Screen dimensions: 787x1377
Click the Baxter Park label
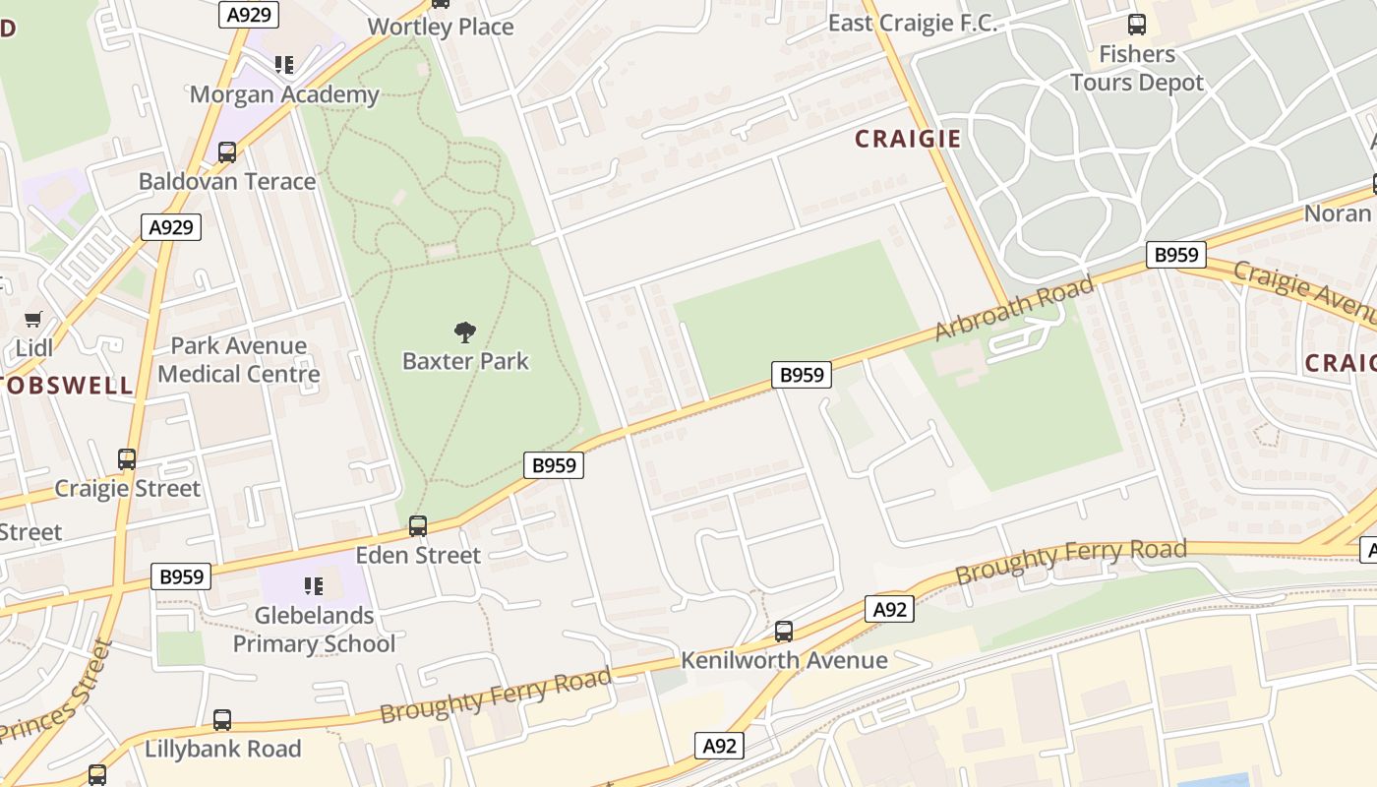465,361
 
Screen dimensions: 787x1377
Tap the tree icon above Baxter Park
465,333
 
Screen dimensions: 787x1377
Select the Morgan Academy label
284,94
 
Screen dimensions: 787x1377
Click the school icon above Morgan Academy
284,65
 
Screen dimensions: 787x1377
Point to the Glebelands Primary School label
314,630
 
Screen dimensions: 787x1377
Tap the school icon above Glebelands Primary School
314,587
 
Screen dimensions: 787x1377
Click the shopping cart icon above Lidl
33,320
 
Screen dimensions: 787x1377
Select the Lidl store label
33,348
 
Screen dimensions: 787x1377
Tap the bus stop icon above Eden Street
418,526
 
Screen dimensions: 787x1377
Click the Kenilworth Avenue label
784,660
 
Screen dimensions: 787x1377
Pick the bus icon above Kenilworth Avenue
784,632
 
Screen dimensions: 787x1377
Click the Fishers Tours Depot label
1137,68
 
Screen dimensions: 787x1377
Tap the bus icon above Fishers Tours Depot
1137,25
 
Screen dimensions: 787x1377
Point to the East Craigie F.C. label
913,24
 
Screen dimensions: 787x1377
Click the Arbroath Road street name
1014,309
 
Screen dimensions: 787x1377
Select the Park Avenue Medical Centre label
239,360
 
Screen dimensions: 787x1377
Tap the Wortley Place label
441,27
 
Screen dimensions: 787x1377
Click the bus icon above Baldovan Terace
227,152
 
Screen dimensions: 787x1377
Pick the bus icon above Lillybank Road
222,720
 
